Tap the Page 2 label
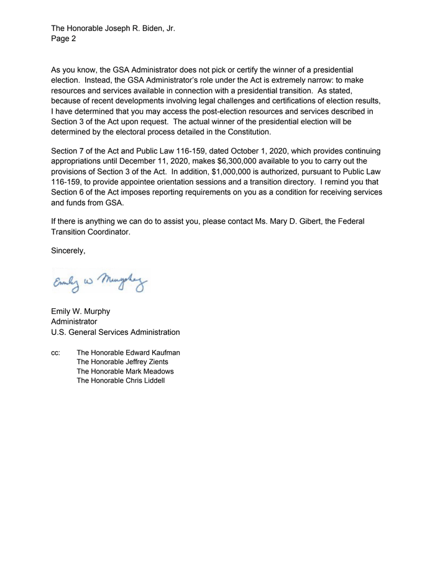[x=63, y=39]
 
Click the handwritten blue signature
[x=99, y=284]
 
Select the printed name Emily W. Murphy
[x=80, y=311]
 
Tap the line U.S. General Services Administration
[x=115, y=332]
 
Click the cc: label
[x=56, y=352]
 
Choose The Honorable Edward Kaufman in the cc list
[x=128, y=352]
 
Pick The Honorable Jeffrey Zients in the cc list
[x=122, y=362]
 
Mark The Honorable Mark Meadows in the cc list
[x=125, y=371]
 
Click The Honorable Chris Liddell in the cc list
[x=121, y=380]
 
